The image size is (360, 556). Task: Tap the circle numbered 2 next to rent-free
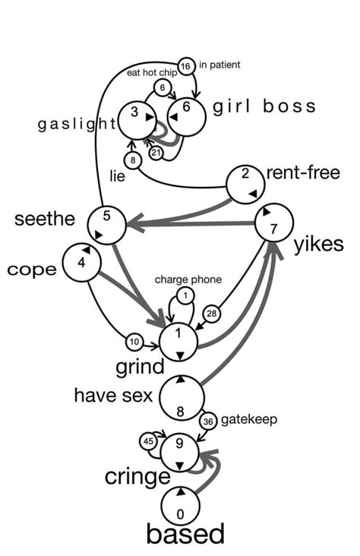coord(246,181)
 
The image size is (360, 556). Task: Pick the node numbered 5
coord(106,223)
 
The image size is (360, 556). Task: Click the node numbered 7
coord(273,223)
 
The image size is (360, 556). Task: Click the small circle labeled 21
coord(156,153)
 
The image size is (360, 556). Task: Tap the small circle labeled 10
coord(134,341)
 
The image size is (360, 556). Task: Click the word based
coord(185,534)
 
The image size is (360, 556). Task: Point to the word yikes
coord(319,244)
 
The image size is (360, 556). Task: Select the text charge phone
coord(188,280)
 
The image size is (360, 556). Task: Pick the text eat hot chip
coord(152,73)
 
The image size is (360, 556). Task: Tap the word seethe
coord(45,220)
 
